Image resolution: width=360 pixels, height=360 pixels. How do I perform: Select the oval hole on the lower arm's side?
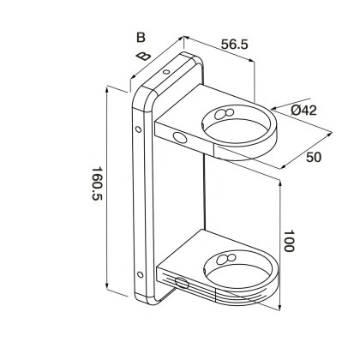click(180, 284)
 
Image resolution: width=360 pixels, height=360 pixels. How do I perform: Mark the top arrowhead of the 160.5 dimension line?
click(106, 88)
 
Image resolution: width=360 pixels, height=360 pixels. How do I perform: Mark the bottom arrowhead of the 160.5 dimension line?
click(106, 290)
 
